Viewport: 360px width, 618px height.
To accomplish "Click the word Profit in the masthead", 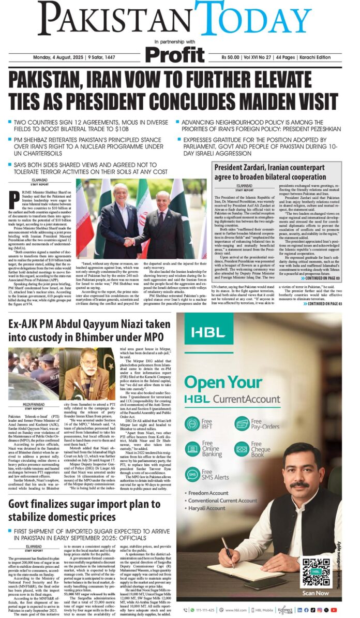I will click(175, 54).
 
